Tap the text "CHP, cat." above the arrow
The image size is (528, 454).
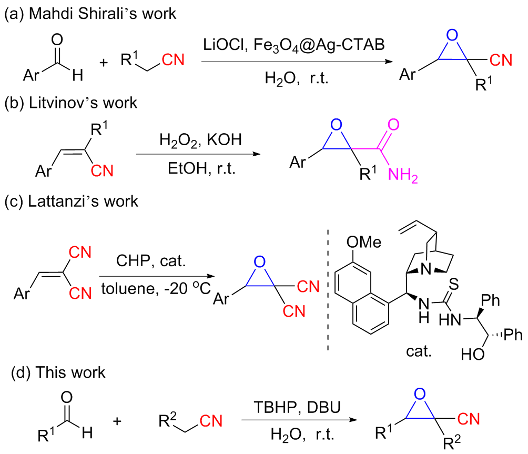tap(152, 260)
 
